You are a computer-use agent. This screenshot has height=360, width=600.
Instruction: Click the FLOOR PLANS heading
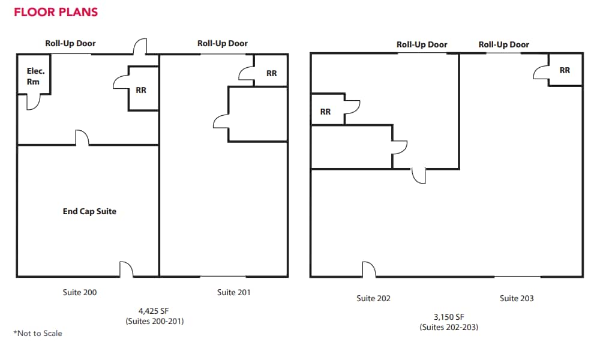[x=56, y=12]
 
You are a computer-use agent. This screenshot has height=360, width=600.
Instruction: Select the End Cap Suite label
[x=89, y=211]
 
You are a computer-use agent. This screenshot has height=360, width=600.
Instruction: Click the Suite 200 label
[x=80, y=292]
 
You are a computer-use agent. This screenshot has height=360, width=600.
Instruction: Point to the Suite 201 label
[x=234, y=292]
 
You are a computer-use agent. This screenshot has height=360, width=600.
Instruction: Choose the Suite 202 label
[x=373, y=298]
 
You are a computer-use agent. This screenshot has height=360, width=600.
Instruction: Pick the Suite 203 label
[x=517, y=298]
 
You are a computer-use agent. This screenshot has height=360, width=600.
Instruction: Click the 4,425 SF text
[x=154, y=311]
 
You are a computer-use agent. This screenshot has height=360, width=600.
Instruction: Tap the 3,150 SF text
[x=449, y=317]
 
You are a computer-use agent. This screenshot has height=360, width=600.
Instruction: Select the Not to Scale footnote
[x=38, y=333]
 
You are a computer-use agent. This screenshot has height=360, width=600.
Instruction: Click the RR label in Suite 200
[x=141, y=90]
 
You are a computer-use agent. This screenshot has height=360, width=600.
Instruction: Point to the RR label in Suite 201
[x=272, y=73]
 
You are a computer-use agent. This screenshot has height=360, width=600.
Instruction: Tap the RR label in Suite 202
[x=325, y=112]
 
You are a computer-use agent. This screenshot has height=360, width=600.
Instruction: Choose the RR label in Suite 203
[x=565, y=70]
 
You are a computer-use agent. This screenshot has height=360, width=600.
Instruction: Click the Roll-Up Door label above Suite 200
[x=70, y=43]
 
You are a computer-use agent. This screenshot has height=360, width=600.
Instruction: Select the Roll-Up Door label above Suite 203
[x=504, y=44]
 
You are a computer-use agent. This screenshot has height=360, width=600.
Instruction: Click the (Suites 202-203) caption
[x=449, y=327]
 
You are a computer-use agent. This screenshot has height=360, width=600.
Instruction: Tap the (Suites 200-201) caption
[x=155, y=321]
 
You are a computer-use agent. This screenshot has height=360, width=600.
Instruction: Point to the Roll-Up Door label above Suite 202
[x=422, y=44]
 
